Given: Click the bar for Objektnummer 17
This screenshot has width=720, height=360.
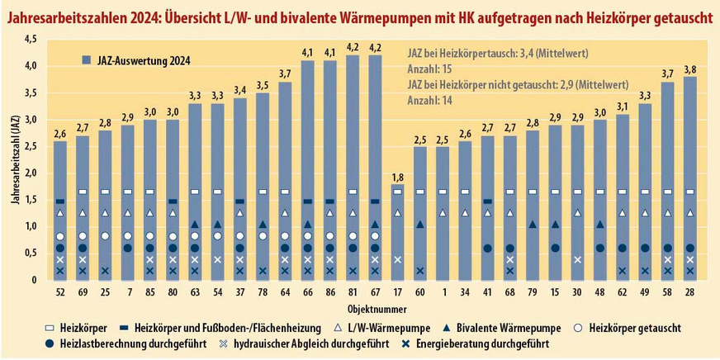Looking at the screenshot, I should [397, 231].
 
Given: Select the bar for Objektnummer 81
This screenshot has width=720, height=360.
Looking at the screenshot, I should [353, 165].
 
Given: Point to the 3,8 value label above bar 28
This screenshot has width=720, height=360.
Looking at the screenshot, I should [689, 69].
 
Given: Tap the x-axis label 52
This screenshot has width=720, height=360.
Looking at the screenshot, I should [59, 292].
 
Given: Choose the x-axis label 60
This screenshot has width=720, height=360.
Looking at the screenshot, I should [419, 292].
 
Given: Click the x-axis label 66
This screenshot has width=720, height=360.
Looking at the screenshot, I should [307, 292].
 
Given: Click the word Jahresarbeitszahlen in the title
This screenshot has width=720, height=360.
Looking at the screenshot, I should [61, 16].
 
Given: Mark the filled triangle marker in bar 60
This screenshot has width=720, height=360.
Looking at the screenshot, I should [419, 225].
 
